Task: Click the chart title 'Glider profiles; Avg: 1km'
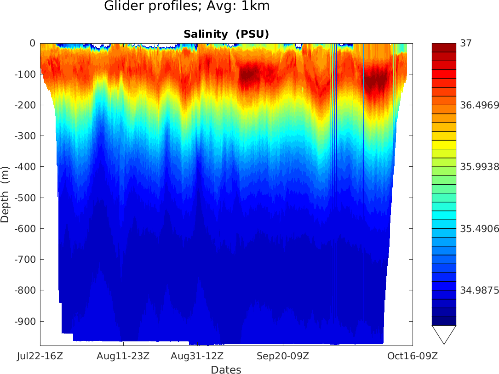point(187,6)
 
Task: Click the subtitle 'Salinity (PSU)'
point(226,34)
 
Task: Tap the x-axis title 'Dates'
point(226,369)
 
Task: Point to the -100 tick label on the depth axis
point(25,74)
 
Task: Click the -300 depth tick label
point(25,136)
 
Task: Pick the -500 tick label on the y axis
point(25,198)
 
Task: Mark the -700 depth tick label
point(25,260)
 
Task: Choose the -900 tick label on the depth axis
point(25,321)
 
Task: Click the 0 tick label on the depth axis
point(32,43)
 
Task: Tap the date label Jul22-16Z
point(40,356)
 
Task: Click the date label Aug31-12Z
point(197,356)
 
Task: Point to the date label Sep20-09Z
point(283,356)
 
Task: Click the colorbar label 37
point(466,43)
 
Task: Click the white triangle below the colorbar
point(444,333)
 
